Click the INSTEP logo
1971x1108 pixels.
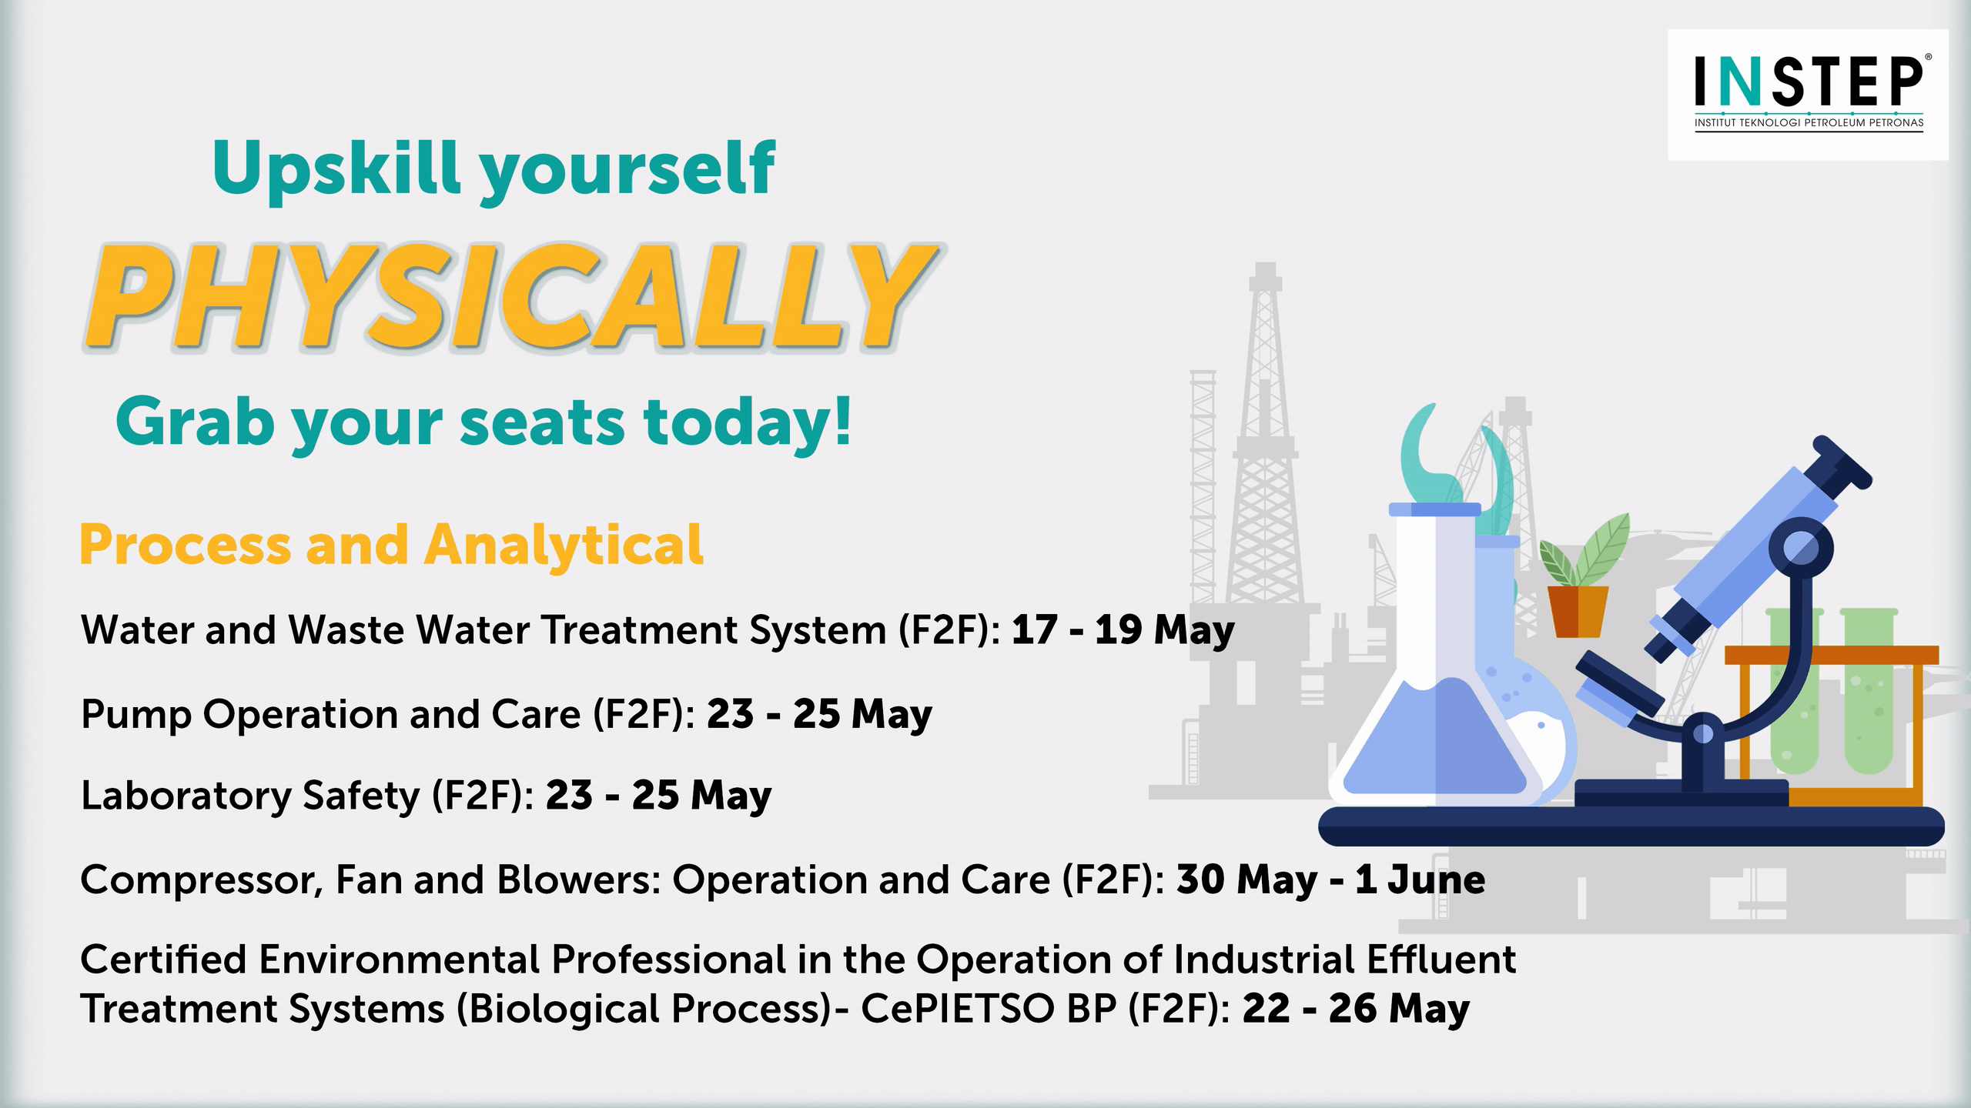[1808, 94]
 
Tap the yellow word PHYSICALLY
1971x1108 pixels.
[511, 297]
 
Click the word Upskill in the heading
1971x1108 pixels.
[337, 168]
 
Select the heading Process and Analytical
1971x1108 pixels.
[391, 545]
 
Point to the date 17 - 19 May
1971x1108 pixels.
[1123, 630]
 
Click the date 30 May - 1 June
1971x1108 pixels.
[1330, 879]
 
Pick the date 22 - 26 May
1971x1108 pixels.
[1356, 1009]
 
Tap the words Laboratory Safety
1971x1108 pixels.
[250, 796]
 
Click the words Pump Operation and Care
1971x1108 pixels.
[331, 715]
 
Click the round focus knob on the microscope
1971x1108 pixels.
[1800, 549]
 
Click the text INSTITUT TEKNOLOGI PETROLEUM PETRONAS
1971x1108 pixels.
[1809, 122]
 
